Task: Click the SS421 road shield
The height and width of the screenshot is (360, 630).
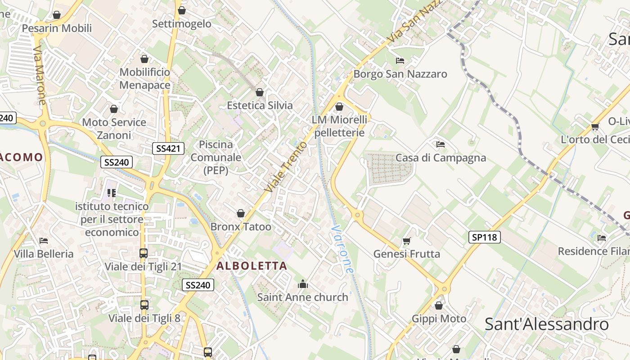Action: (168, 148)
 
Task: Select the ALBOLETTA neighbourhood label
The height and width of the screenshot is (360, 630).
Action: (252, 265)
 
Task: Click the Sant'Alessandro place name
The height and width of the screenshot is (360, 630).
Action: (546, 324)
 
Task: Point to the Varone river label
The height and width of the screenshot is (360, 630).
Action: (342, 249)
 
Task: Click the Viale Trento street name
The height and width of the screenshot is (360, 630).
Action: (286, 166)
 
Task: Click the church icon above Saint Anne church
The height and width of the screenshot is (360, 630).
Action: (303, 284)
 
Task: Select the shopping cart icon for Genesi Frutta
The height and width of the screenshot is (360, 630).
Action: (407, 241)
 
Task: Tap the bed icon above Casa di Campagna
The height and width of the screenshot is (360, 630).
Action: (441, 144)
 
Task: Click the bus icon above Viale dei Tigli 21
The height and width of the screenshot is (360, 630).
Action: (144, 253)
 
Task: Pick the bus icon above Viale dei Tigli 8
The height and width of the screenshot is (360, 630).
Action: (144, 305)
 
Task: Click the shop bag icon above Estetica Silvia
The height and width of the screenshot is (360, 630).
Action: (260, 93)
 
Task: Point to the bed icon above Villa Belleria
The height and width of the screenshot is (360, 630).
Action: (44, 241)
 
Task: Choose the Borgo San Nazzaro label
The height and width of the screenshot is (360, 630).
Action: (400, 74)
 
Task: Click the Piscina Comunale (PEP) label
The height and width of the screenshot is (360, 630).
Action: (216, 157)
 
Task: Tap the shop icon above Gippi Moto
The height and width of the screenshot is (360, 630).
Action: (439, 306)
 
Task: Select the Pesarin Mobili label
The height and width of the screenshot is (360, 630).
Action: (57, 28)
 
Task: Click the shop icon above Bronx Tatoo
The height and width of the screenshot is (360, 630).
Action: (241, 213)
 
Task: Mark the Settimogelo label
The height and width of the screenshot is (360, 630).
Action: (182, 24)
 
